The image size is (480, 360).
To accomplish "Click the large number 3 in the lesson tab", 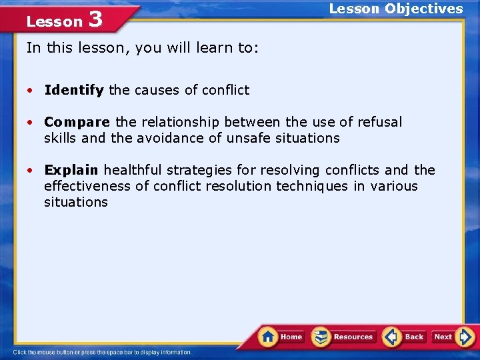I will (x=95, y=19).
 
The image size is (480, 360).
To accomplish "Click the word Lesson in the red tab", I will (x=54, y=21).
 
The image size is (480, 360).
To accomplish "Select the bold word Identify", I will (x=74, y=90).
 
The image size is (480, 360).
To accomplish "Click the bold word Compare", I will (x=77, y=122).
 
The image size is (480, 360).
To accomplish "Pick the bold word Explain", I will (x=71, y=170).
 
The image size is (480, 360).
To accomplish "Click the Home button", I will (x=291, y=337).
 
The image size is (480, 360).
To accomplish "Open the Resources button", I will (x=353, y=337).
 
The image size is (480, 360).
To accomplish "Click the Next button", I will (x=443, y=337).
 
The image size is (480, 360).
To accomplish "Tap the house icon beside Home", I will (x=268, y=336).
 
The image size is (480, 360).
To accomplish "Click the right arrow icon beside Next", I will (x=466, y=337).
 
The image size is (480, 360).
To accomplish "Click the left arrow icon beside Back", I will (x=391, y=337).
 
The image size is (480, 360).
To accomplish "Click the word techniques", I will (x=313, y=186).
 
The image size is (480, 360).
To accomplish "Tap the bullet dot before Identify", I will (x=31, y=91).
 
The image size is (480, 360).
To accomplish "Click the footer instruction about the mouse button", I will (x=102, y=352).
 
